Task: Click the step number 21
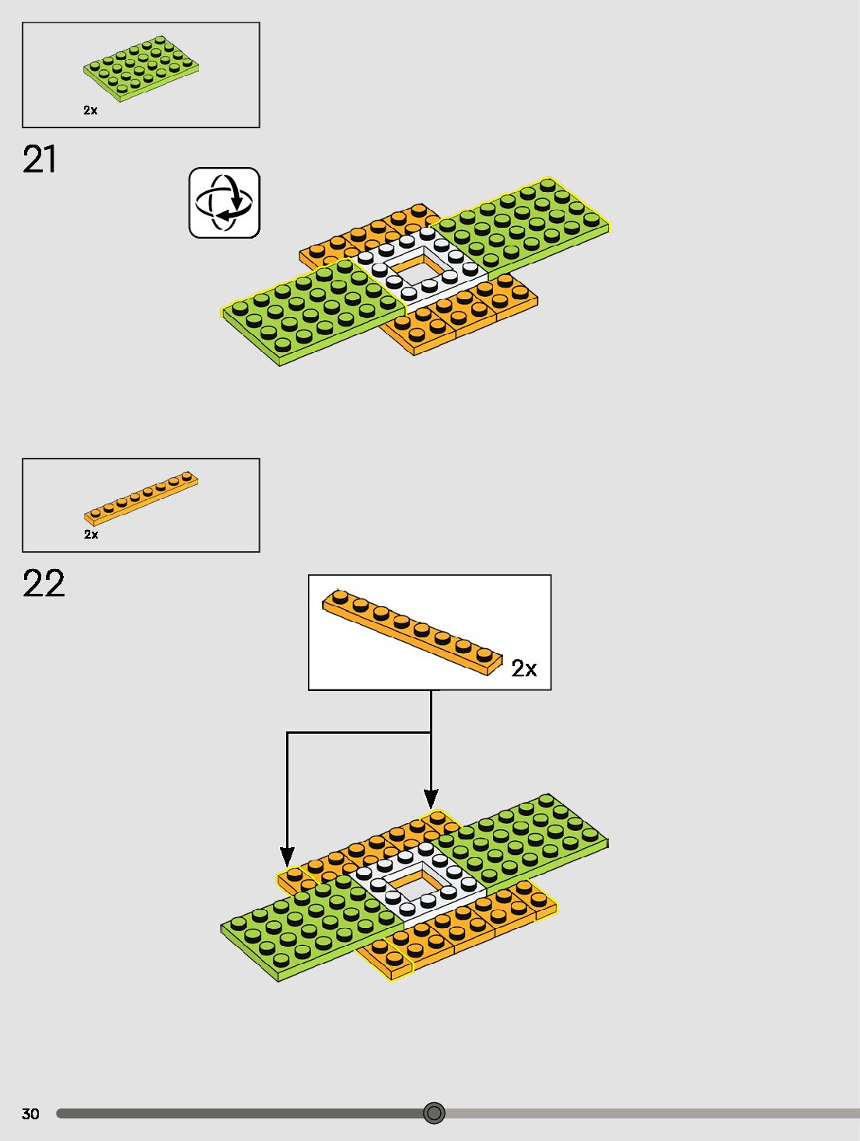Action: coord(40,159)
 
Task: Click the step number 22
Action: coord(44,584)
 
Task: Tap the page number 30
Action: coord(30,1114)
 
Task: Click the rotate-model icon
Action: coord(224,203)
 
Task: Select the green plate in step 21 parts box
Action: coord(142,68)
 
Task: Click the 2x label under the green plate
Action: coord(91,110)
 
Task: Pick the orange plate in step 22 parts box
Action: coord(141,497)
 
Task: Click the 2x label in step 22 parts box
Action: coord(91,535)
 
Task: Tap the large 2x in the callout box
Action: coord(524,668)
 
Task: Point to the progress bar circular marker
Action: coord(434,1113)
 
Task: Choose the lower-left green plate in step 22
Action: coord(311,929)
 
